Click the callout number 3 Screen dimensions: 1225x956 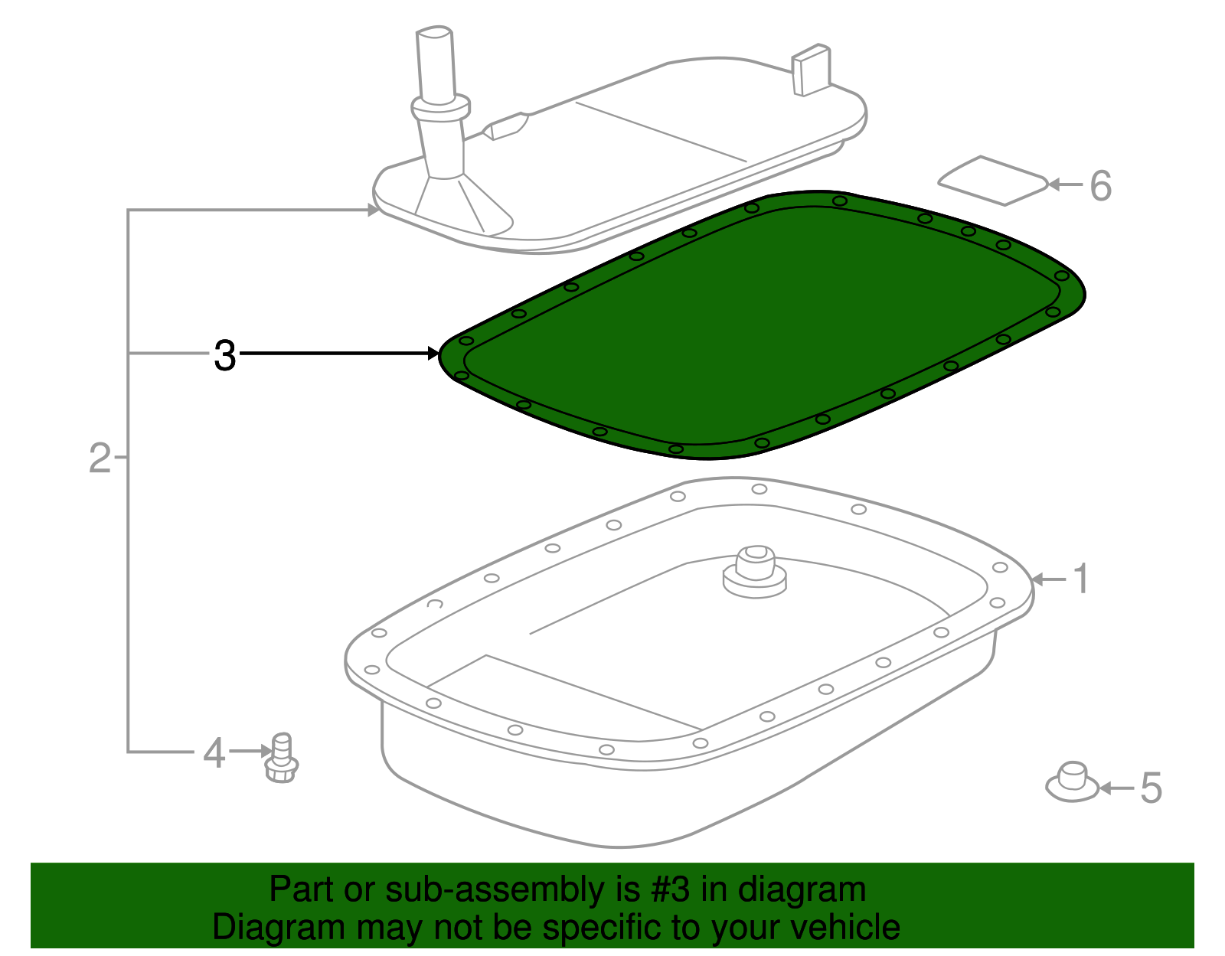[225, 355]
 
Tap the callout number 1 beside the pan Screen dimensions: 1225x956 [1081, 579]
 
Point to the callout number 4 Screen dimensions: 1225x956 [214, 753]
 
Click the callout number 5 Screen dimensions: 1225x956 [1151, 788]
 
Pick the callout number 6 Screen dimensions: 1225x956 [1100, 186]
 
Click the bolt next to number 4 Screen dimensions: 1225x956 [281, 758]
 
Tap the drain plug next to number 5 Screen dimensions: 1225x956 [1072, 782]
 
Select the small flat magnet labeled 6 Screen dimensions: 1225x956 [993, 181]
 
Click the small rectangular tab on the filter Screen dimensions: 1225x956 [812, 70]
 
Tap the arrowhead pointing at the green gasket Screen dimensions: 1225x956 [433, 354]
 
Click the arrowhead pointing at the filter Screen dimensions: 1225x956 [374, 210]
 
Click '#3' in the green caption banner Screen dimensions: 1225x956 [670, 889]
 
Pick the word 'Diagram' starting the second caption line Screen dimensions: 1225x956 [279, 928]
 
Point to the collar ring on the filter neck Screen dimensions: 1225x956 [440, 107]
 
